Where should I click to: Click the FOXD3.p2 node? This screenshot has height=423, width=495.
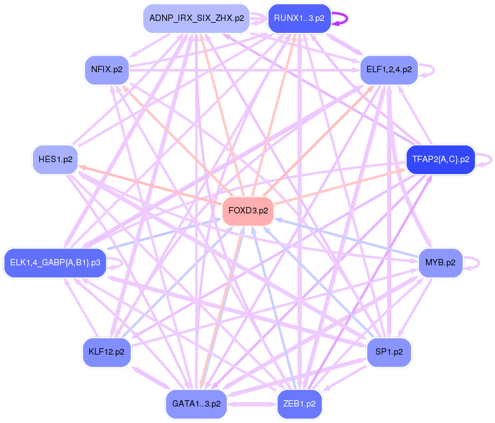[247, 211]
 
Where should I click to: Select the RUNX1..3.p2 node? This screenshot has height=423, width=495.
[299, 18]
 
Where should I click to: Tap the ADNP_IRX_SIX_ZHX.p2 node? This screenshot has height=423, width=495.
[196, 18]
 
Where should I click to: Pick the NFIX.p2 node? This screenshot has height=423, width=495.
[107, 69]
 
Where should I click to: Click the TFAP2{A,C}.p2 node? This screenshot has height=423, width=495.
[440, 160]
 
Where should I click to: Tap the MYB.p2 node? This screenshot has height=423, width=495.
[441, 262]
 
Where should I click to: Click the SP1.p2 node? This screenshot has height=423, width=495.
[389, 351]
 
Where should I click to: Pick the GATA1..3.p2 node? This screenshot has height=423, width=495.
[196, 403]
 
